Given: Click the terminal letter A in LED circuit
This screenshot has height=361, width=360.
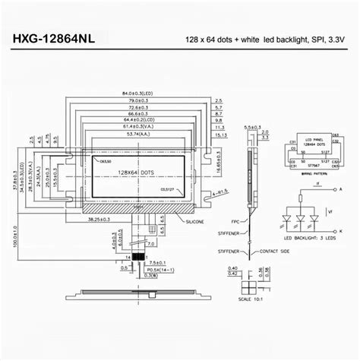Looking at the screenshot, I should point(342,188).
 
